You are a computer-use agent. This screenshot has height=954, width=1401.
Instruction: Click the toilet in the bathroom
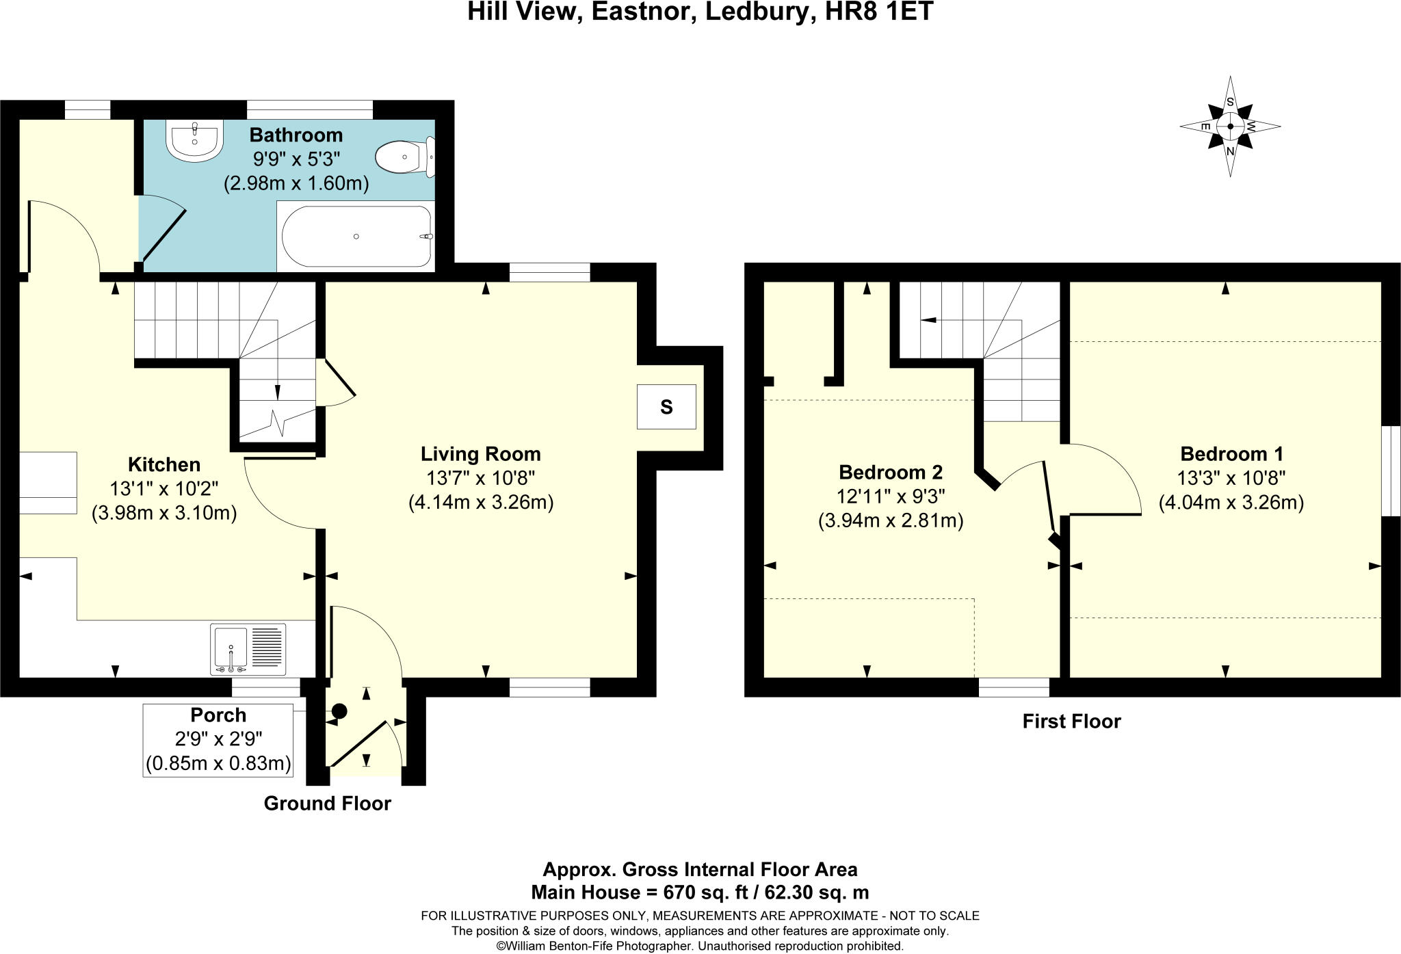click(405, 156)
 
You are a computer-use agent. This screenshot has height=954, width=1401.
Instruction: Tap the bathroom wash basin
click(194, 141)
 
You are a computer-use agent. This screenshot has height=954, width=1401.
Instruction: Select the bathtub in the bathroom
click(356, 236)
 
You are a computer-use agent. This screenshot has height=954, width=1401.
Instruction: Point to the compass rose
click(1230, 127)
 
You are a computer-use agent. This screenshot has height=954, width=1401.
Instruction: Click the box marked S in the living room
click(666, 407)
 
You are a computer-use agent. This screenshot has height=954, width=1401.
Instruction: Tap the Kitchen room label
click(164, 465)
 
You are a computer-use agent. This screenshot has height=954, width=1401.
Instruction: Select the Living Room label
click(480, 454)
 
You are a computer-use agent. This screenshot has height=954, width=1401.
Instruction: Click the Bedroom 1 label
click(1231, 454)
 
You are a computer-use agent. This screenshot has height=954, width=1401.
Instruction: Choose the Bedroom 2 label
click(891, 473)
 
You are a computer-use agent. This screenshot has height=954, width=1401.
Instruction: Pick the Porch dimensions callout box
click(218, 741)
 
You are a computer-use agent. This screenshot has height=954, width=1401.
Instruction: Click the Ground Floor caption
click(328, 804)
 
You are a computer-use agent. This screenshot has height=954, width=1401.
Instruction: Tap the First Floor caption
click(1072, 721)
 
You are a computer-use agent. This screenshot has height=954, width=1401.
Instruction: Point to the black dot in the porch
click(339, 711)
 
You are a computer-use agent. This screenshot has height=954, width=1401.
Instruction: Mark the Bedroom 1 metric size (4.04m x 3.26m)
click(1231, 503)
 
